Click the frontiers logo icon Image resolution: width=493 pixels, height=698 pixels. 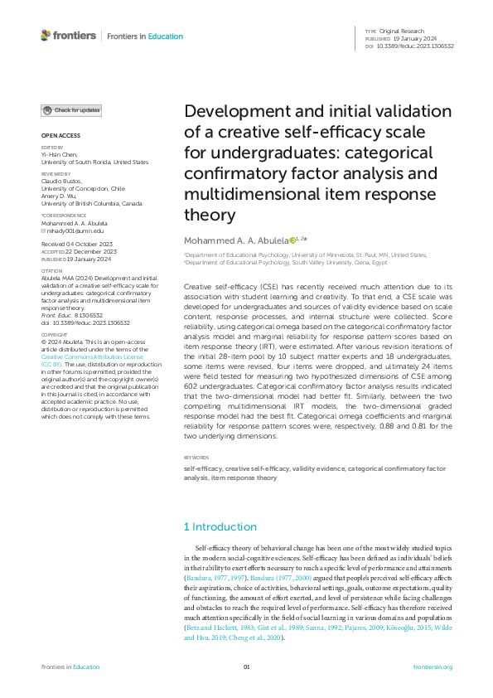[x=46, y=36]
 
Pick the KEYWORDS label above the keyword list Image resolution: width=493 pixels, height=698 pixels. [x=196, y=457]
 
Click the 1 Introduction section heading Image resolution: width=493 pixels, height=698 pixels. [x=220, y=526]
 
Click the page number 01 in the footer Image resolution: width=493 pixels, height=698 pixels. [x=246, y=667]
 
